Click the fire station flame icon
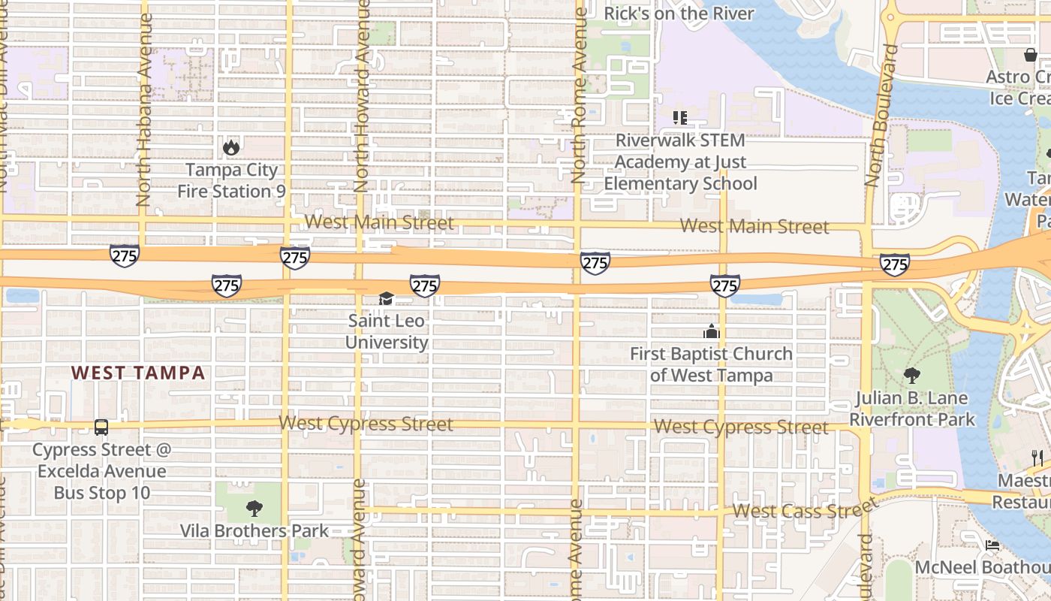click(x=231, y=147)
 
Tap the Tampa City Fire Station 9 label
click(x=231, y=181)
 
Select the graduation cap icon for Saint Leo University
click(x=386, y=299)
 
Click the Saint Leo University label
click(x=387, y=332)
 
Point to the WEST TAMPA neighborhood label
click(x=138, y=373)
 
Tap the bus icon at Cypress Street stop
click(x=101, y=427)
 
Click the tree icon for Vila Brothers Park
click(x=254, y=509)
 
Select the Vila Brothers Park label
click(x=254, y=531)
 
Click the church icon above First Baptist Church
click(x=711, y=331)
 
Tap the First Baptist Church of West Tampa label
click(x=711, y=364)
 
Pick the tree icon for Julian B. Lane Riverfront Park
click(x=912, y=375)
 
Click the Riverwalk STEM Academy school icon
click(x=680, y=118)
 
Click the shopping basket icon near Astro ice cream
click(x=1030, y=55)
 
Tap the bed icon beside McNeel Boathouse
click(x=992, y=545)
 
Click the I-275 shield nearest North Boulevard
click(x=895, y=264)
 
